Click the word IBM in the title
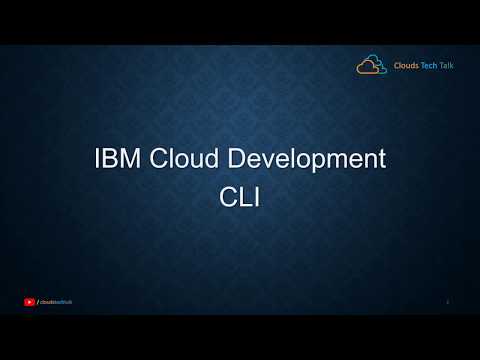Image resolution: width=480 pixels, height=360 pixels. pyautogui.click(x=113, y=158)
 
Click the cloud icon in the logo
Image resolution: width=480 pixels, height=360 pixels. pyautogui.click(x=371, y=65)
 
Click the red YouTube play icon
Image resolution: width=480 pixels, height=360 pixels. pyautogui.click(x=29, y=301)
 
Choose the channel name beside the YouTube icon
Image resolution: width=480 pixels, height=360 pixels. pyautogui.click(x=54, y=301)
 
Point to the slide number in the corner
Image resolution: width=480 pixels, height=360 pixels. pyautogui.click(x=447, y=301)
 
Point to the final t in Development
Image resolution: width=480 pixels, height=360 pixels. pyautogui.click(x=381, y=158)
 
